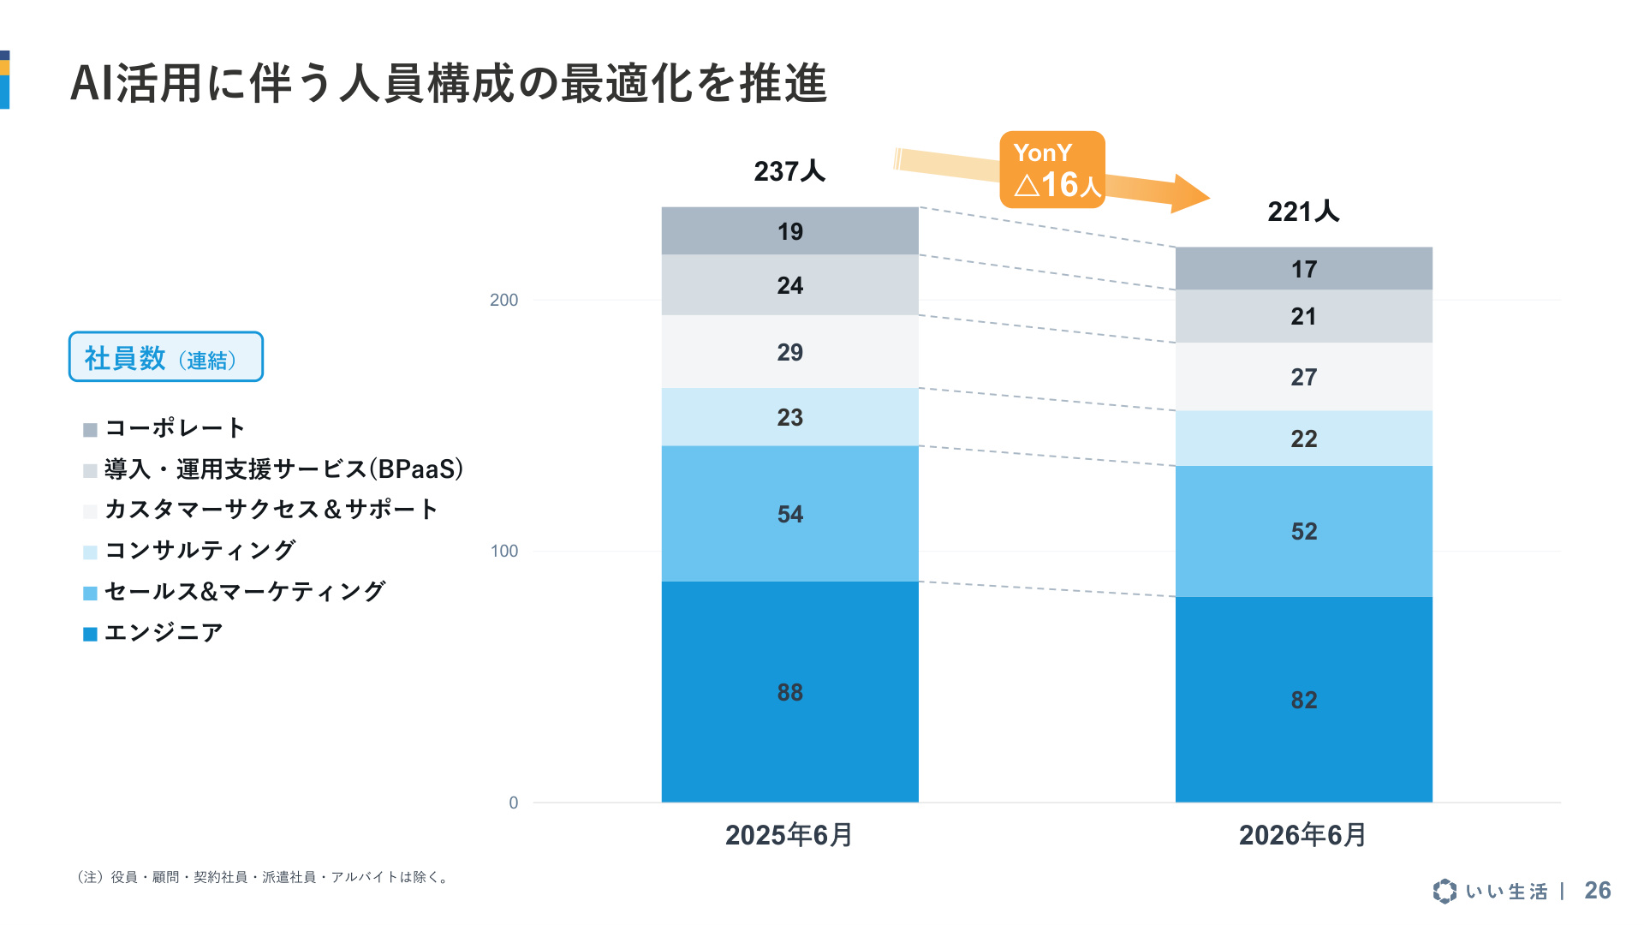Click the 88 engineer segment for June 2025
(x=789, y=692)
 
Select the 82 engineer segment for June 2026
(x=1303, y=700)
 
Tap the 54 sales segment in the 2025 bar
(x=789, y=514)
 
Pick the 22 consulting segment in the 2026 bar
(x=1303, y=439)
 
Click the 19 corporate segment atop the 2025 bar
(x=789, y=231)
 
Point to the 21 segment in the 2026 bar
(x=1303, y=316)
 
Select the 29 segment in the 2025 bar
(x=789, y=352)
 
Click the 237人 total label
(x=789, y=171)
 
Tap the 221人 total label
(x=1303, y=212)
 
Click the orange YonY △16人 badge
(x=1052, y=170)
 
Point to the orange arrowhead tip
(x=1210, y=197)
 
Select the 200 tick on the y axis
(x=503, y=300)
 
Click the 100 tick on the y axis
(x=503, y=551)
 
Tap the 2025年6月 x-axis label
(x=789, y=835)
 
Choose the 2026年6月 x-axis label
(x=1303, y=835)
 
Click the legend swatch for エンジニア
(x=90, y=635)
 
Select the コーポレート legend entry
(x=164, y=428)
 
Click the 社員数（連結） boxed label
(x=166, y=357)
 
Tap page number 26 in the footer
(x=1598, y=891)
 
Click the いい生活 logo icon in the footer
(x=1444, y=891)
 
